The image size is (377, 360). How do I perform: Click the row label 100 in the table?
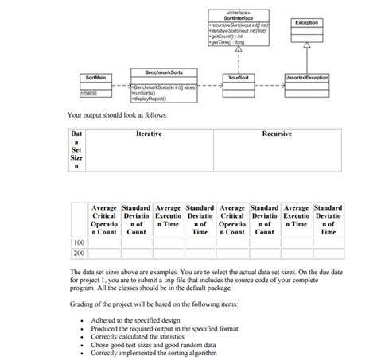click(x=79, y=242)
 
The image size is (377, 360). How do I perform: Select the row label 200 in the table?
click(x=79, y=253)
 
